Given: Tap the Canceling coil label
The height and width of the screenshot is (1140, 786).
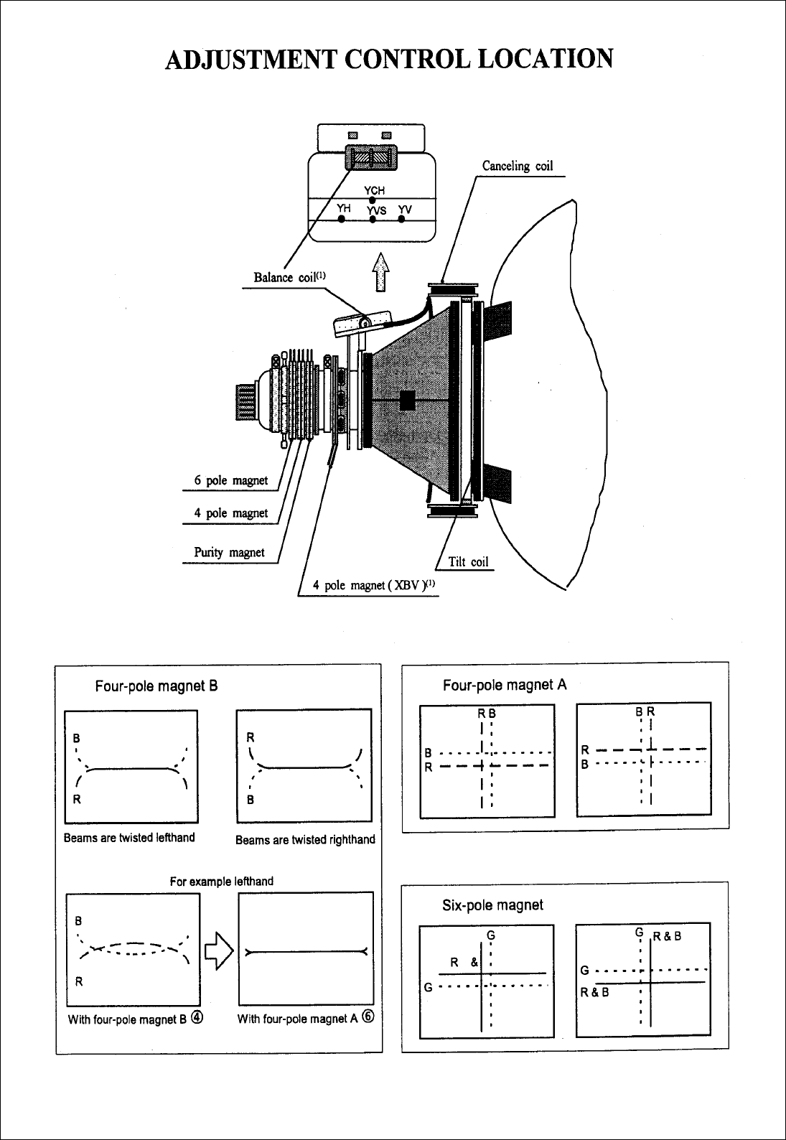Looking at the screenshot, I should (x=517, y=167).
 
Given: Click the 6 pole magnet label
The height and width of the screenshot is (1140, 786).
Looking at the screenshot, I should (x=231, y=481).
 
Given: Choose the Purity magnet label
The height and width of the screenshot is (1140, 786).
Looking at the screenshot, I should (x=229, y=553).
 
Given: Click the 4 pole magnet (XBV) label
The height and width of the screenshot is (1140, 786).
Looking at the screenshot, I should (x=374, y=586).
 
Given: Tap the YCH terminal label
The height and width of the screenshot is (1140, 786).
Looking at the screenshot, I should (x=375, y=190).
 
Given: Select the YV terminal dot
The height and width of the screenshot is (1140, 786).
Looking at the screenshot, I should (x=401, y=218).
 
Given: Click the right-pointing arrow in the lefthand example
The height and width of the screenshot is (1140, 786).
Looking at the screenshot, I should (x=217, y=952).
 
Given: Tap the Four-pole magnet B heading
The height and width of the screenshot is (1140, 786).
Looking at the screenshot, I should (x=156, y=686).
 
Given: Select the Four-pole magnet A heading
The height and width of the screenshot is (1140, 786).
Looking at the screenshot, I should (x=505, y=685).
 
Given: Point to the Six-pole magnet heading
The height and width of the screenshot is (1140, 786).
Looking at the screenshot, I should (x=492, y=905).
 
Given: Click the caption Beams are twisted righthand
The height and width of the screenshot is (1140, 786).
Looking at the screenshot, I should (x=305, y=839).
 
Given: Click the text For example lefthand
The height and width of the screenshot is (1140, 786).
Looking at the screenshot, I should (x=221, y=881).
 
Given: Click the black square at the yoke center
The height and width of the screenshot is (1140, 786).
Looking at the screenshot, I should (x=408, y=400).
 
